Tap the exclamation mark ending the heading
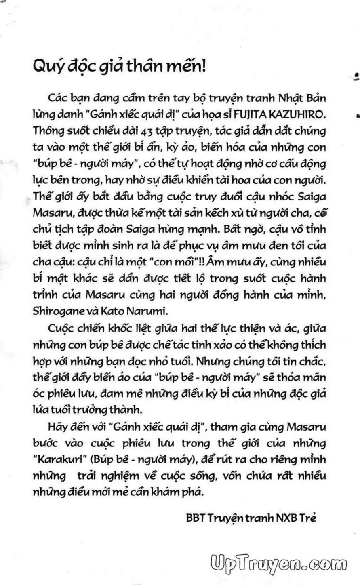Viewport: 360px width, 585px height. click(x=203, y=66)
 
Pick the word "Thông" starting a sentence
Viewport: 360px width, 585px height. click(x=47, y=131)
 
